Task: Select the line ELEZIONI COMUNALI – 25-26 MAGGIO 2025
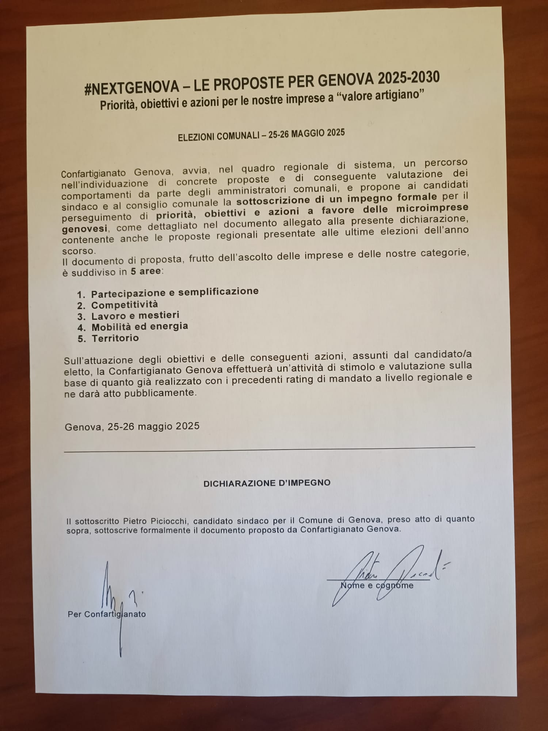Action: tap(261, 135)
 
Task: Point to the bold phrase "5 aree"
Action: tap(145, 272)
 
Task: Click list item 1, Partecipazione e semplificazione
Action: tap(175, 292)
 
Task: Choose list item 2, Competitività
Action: tap(125, 304)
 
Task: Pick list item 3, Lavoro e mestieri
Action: tap(135, 315)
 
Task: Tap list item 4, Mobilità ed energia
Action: tap(140, 326)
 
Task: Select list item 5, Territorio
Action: tap(115, 338)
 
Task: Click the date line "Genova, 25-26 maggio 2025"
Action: tap(132, 426)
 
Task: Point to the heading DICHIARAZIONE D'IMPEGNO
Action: tap(267, 483)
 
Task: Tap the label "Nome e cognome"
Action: tap(377, 586)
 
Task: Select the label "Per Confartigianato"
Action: tap(107, 614)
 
